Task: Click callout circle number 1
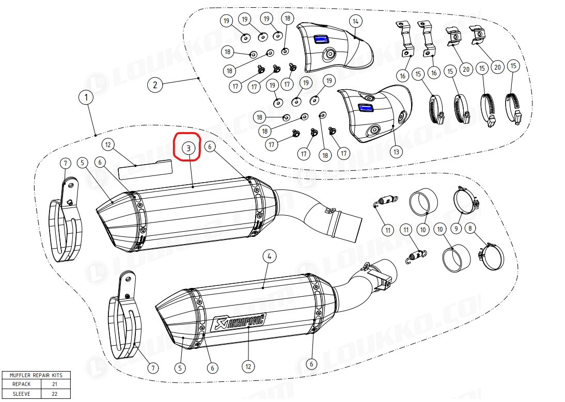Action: click(x=86, y=97)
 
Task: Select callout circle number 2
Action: click(x=155, y=85)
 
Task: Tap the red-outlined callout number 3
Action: click(x=188, y=148)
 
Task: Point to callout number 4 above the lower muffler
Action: click(x=269, y=256)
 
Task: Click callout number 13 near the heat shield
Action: click(x=396, y=152)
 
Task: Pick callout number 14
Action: click(x=356, y=22)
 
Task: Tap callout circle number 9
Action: click(x=456, y=228)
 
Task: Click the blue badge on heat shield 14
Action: click(x=320, y=39)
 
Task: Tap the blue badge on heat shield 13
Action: click(x=365, y=107)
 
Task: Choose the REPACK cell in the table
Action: click(x=21, y=384)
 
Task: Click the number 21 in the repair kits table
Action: click(x=54, y=384)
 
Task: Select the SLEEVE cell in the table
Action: click(x=21, y=394)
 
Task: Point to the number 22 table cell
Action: click(x=54, y=394)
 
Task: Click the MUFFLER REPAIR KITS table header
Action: click(x=36, y=375)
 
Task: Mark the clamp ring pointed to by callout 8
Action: click(x=491, y=256)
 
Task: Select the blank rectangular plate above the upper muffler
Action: click(x=145, y=169)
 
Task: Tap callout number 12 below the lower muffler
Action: click(x=248, y=367)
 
